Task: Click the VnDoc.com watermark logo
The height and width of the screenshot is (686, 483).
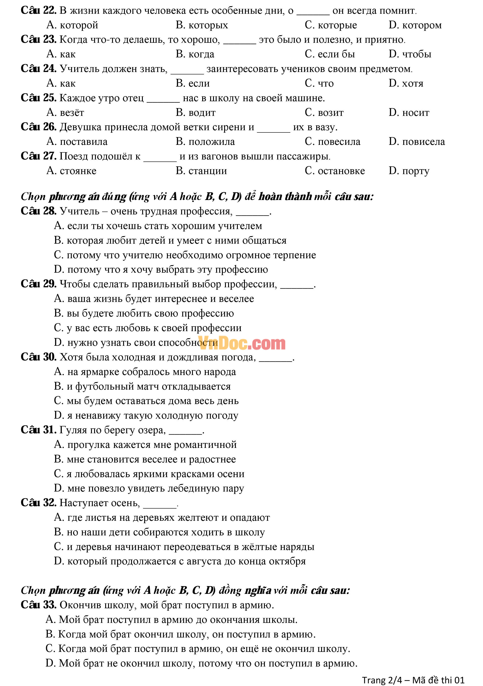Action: click(x=241, y=343)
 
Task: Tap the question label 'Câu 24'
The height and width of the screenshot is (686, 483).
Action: click(x=38, y=69)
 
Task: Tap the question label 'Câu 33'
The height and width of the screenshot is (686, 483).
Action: click(x=38, y=605)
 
